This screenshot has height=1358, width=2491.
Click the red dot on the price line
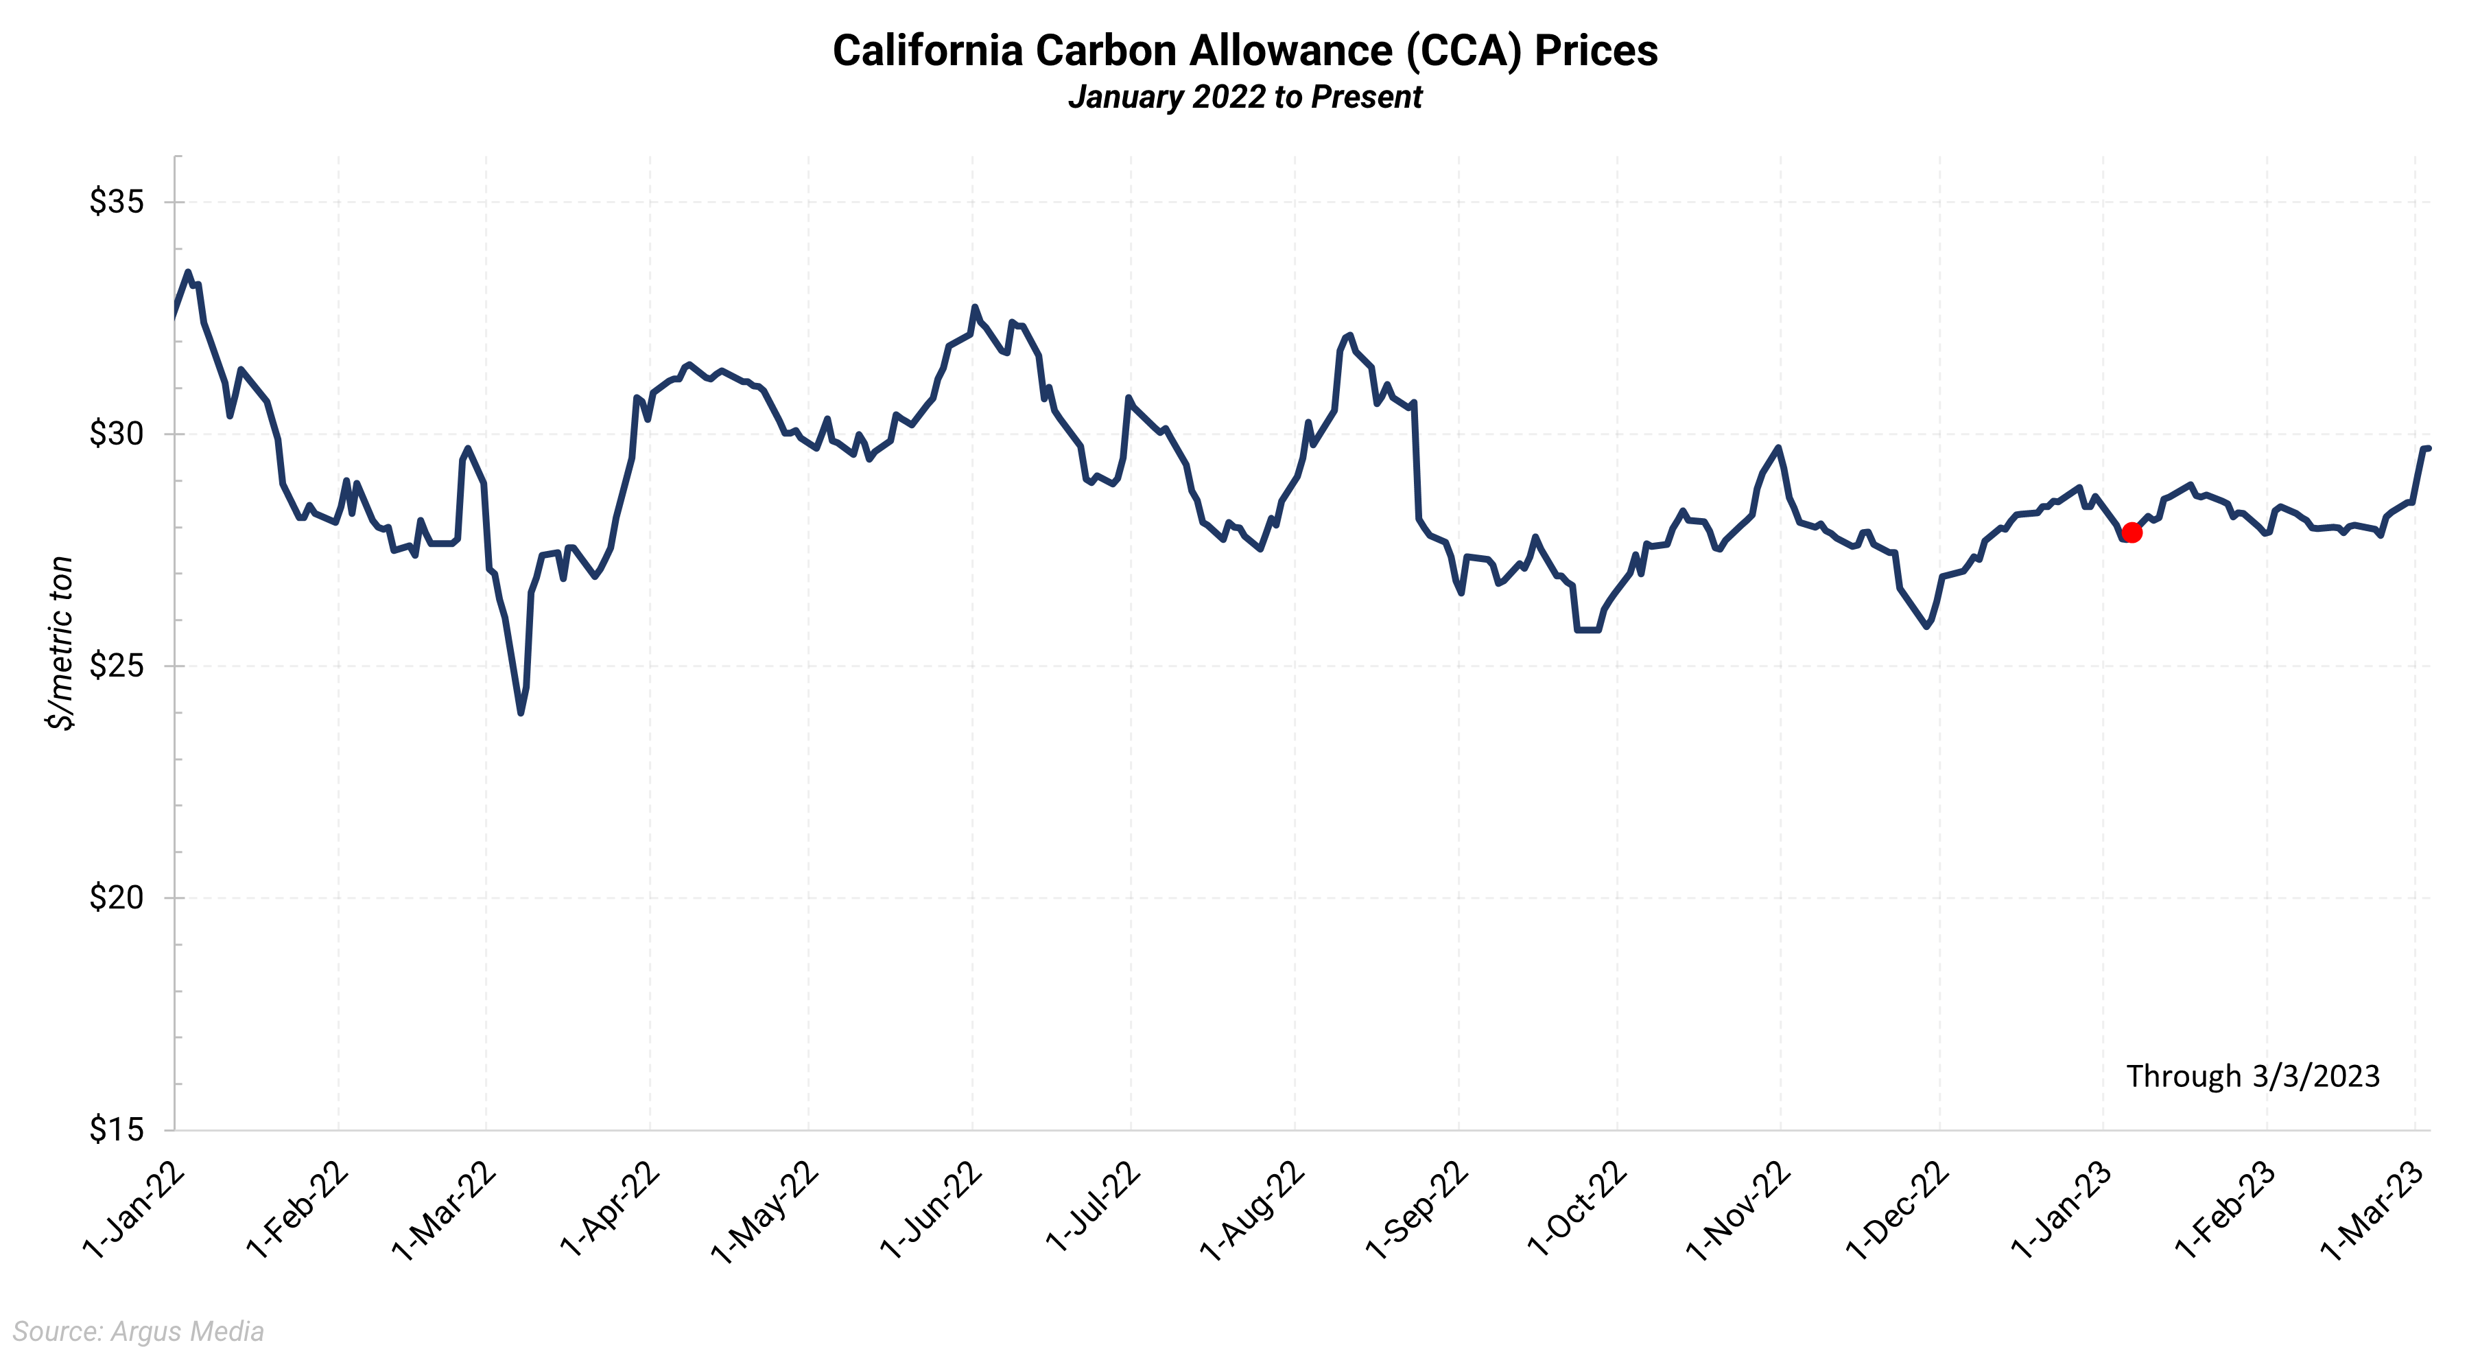coord(2132,533)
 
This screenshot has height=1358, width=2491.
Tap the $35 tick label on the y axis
coord(116,202)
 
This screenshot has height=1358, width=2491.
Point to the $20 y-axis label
coord(116,898)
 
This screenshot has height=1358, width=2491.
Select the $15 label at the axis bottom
coord(116,1129)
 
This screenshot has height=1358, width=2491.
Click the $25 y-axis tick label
coord(116,666)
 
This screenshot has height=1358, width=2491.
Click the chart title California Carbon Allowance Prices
coord(1244,50)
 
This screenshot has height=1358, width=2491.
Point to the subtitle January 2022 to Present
coord(1244,97)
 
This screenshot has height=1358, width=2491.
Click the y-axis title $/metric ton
coord(61,643)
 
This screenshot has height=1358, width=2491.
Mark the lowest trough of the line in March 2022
coord(521,713)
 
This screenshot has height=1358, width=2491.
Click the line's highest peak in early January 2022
coord(187,272)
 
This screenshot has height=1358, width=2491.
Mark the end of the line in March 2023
coord(2428,448)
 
